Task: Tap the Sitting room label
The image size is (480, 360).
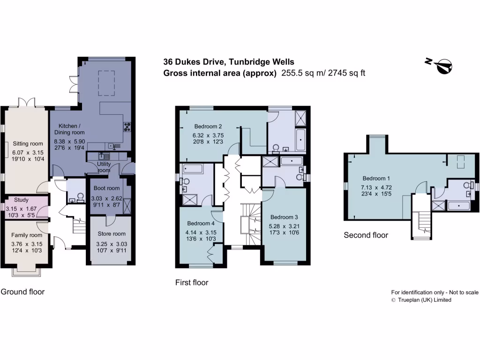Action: tap(28, 143)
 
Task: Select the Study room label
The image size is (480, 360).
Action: tap(22, 200)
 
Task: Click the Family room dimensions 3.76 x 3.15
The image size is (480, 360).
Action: tap(27, 244)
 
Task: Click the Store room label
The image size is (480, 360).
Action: tap(112, 234)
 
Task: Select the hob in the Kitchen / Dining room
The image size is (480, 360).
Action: tap(127, 126)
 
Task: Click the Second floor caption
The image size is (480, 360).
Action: tap(366, 235)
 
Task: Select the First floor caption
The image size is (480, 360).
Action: tap(192, 282)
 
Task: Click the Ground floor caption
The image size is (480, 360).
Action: tap(22, 292)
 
